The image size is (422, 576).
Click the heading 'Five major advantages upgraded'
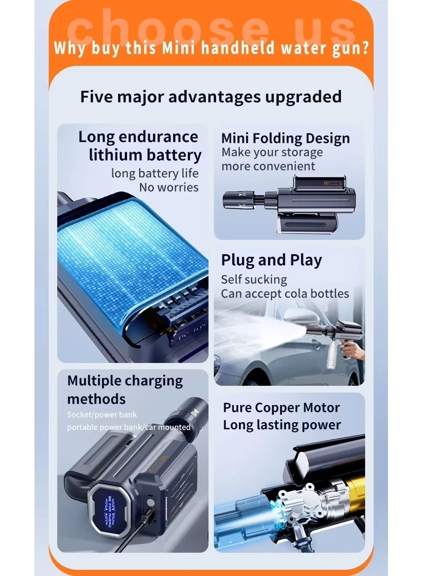coord(211,97)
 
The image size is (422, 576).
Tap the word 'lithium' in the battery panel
coord(115,155)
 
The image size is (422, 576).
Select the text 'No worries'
coord(169,187)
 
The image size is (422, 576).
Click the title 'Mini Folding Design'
coord(286,138)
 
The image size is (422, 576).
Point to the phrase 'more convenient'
coord(268,166)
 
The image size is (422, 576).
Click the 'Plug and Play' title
coord(271,260)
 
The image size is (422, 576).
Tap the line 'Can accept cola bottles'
coord(285,294)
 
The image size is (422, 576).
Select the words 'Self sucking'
coord(254,279)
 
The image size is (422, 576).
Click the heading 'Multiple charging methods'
coord(125,389)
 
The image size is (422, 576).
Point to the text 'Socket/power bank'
coord(102,414)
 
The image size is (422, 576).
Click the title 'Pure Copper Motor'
coord(281,408)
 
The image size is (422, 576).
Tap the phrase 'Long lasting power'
coord(282,425)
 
